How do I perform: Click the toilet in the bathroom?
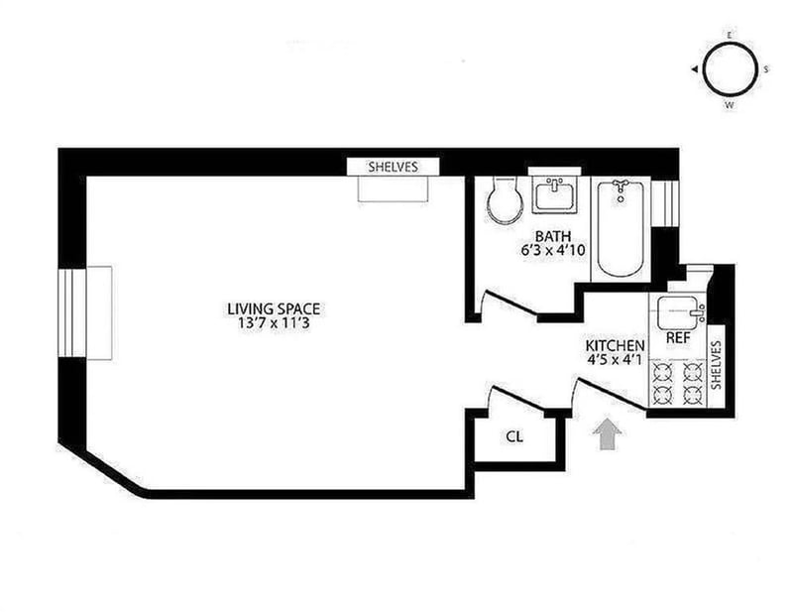(506, 201)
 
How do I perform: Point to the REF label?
(678, 338)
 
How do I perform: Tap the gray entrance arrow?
(608, 433)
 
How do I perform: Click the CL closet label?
(514, 435)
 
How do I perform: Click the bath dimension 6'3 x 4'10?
(554, 251)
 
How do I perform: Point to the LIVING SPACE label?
(274, 307)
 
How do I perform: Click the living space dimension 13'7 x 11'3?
(274, 322)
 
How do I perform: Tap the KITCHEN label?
(615, 344)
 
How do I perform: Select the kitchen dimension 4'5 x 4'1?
(615, 359)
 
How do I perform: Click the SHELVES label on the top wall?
(394, 167)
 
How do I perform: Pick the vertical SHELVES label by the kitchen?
(719, 371)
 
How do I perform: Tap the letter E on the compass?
(731, 35)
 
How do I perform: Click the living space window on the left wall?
(85, 312)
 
